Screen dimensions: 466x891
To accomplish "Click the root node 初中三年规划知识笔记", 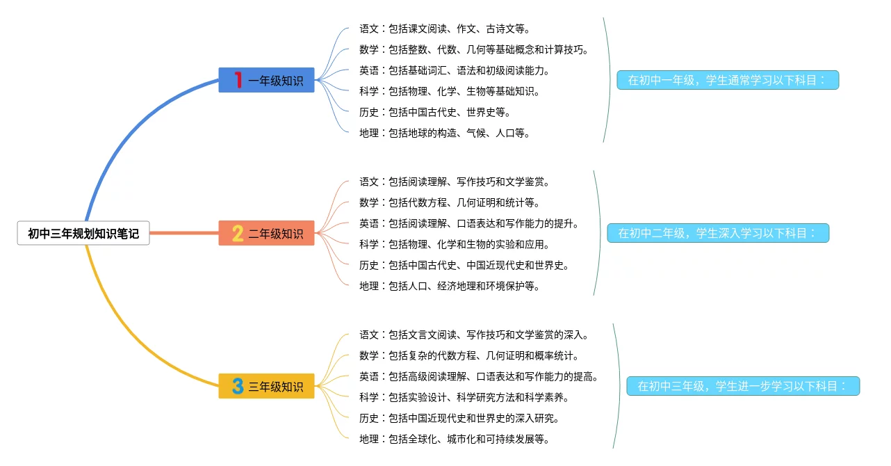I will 83,234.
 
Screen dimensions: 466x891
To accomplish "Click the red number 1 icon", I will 238,80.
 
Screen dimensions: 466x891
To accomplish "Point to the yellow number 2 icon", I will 238,233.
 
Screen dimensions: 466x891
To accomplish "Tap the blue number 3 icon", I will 238,386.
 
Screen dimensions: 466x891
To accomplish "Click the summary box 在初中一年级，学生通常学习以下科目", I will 728,80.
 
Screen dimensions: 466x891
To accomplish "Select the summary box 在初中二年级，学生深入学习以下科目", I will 718,233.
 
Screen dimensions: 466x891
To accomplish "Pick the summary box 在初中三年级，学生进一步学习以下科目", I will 743,386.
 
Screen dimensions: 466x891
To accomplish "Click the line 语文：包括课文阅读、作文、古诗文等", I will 445,29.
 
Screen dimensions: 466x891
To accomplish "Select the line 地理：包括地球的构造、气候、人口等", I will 445,133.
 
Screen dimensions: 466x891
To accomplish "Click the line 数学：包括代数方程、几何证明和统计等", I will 450,202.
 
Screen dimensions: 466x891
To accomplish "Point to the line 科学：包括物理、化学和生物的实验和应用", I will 455,244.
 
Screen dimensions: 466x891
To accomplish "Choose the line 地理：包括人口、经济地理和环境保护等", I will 450,286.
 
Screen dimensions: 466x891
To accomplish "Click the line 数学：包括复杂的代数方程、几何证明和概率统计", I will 469,355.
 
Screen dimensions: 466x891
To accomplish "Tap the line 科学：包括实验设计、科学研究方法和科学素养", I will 464,397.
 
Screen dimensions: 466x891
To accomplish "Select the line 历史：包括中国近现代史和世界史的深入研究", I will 459,418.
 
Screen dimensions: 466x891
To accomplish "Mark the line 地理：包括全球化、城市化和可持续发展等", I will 455,439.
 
